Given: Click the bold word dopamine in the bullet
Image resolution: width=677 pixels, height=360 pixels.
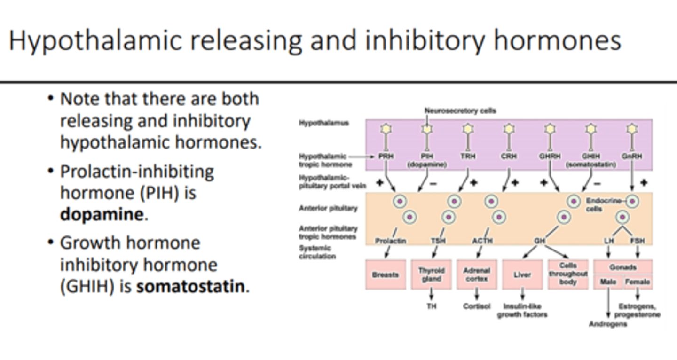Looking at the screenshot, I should pyautogui.click(x=101, y=215).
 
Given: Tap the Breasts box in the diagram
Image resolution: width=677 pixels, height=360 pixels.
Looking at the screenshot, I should pyautogui.click(x=385, y=274).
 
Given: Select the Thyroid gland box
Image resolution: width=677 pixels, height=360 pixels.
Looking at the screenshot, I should pyautogui.click(x=431, y=274).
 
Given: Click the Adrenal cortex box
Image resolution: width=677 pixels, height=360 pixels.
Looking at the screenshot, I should pyautogui.click(x=476, y=274).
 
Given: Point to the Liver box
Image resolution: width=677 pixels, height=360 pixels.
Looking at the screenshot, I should pyautogui.click(x=522, y=274).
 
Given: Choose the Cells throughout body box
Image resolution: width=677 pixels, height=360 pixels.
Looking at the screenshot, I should pyautogui.click(x=568, y=274).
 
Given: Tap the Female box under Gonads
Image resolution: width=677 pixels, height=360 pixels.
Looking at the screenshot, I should pyautogui.click(x=638, y=282).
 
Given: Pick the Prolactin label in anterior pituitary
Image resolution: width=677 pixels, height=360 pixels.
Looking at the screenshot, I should pyautogui.click(x=390, y=241).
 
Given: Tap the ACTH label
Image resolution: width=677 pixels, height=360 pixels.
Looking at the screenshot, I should pyautogui.click(x=482, y=241).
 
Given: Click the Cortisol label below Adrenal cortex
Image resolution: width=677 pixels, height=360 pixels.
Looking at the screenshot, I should pyautogui.click(x=476, y=306).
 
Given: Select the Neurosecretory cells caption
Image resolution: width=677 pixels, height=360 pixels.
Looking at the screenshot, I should pyautogui.click(x=460, y=111).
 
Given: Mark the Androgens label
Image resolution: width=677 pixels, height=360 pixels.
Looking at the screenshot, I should pyautogui.click(x=608, y=324).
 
